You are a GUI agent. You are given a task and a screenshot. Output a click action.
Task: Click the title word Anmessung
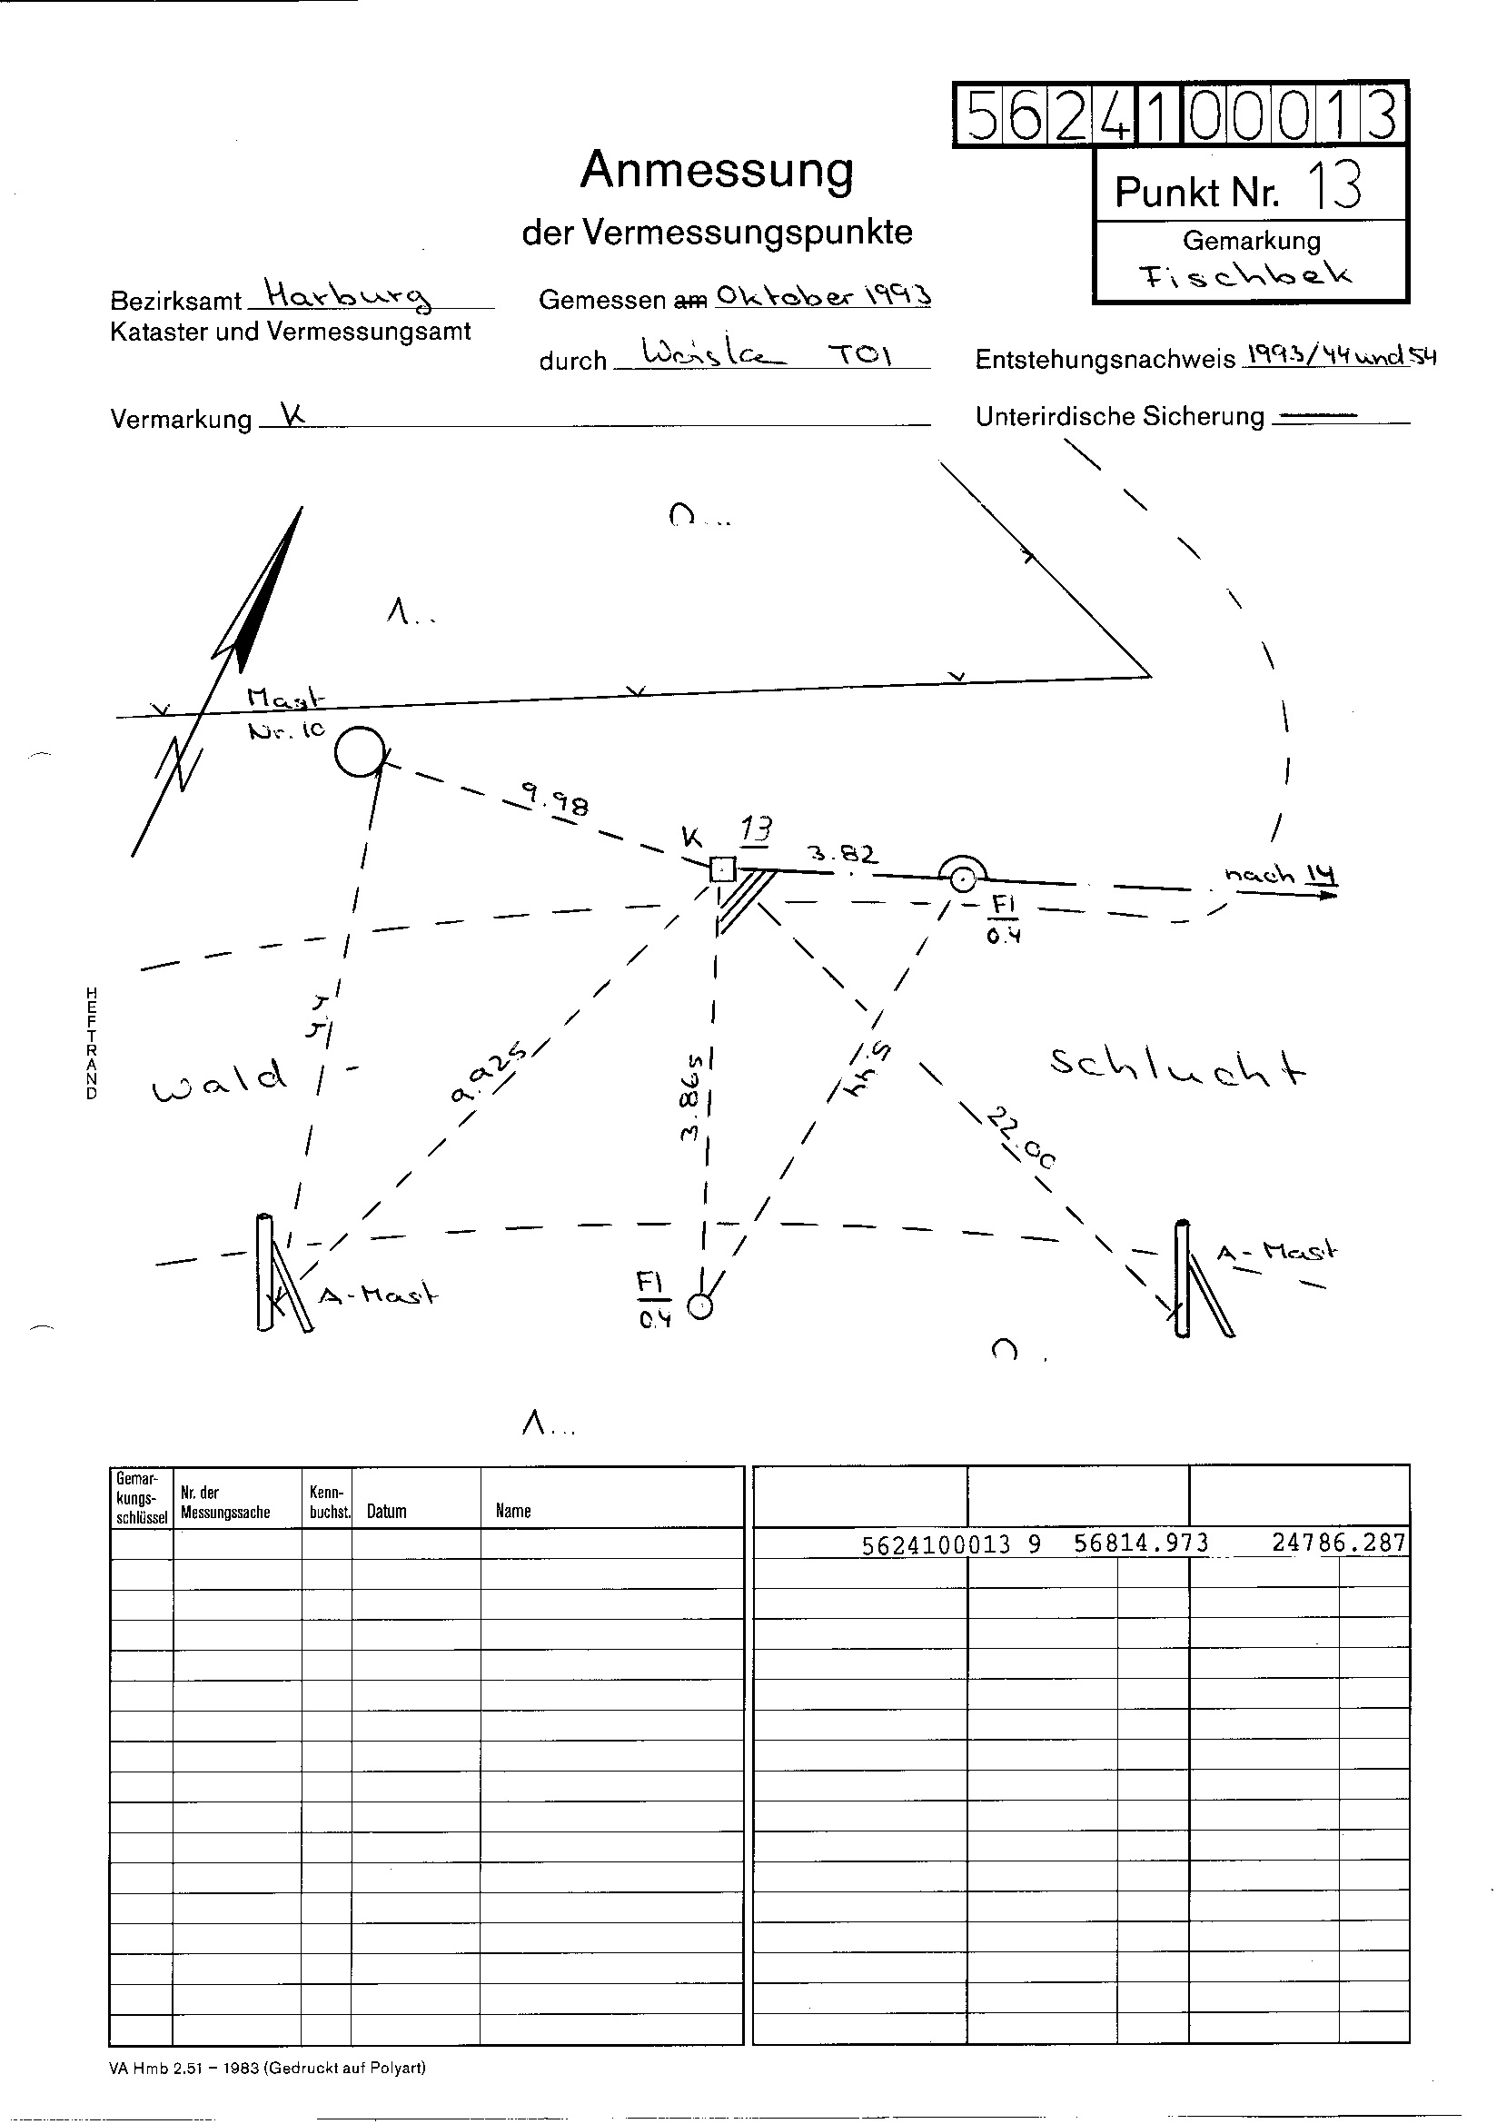coord(716,170)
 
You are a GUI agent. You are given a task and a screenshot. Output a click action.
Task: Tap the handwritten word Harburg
coord(348,295)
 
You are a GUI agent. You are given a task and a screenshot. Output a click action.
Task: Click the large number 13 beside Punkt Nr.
coord(1333,186)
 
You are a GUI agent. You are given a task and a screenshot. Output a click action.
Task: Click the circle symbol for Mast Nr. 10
coord(359,751)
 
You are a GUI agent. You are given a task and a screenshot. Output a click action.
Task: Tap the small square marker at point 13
coord(722,869)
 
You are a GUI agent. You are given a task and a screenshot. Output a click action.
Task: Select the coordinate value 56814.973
coord(1141,1543)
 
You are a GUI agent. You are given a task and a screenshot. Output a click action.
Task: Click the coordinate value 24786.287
coord(1338,1543)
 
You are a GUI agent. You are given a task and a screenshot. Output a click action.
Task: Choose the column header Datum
coord(387,1511)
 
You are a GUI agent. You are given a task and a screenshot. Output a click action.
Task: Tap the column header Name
coord(513,1511)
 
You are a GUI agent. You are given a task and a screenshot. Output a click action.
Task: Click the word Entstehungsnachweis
coord(1105,360)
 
